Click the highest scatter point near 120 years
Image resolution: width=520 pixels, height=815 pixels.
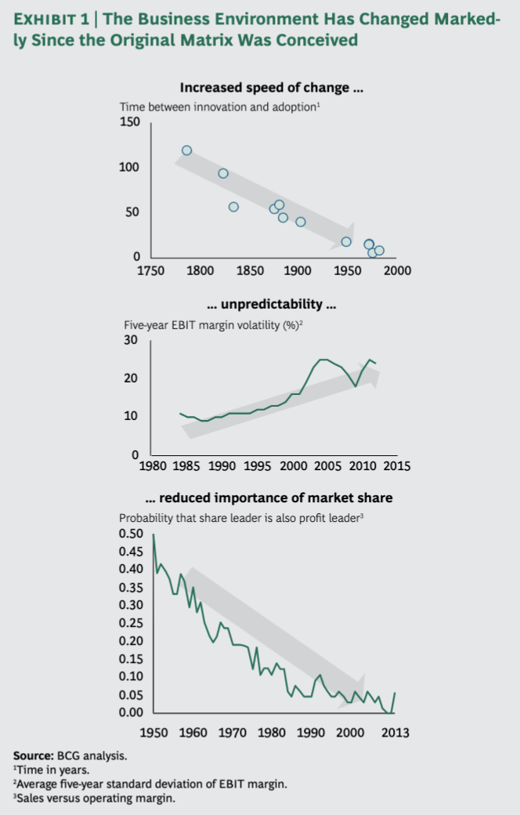pos(186,150)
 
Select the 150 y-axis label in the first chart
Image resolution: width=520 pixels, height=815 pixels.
pos(129,122)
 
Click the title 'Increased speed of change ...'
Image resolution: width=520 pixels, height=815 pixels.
pos(271,88)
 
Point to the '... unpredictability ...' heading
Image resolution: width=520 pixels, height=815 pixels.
pos(271,304)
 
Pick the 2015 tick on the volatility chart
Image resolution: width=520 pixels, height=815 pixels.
pos(396,466)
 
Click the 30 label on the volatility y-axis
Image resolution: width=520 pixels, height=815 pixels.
pos(131,341)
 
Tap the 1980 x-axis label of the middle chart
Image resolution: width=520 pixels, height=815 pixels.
pos(152,466)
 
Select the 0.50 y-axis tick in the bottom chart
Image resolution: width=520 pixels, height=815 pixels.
pos(132,534)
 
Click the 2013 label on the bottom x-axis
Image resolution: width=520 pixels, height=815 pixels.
pos(394,733)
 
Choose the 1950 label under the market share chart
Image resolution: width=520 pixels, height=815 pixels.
pos(153,733)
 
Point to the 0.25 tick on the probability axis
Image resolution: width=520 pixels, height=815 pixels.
pos(132,623)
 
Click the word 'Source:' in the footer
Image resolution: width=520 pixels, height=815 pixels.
pos(33,756)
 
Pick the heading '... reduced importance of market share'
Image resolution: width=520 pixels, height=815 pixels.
pos(269,498)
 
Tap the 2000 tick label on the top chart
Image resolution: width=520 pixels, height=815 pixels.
pos(398,271)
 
